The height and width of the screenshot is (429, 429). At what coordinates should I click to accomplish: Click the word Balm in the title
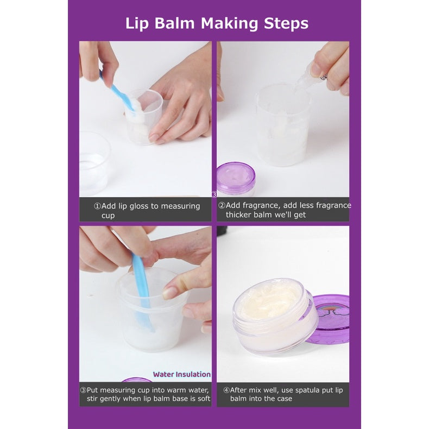[x=174, y=23]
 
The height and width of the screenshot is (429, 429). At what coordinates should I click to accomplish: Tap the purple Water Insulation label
[x=182, y=374]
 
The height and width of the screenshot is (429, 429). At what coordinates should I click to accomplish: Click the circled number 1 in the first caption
[x=97, y=206]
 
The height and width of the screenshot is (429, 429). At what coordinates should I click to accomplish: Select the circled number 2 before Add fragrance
[x=222, y=205]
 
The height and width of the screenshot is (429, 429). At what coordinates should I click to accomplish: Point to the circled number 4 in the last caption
[x=226, y=390]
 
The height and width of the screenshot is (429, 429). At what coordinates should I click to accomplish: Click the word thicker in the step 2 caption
[x=238, y=215]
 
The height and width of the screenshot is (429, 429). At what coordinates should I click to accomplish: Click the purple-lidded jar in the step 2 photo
[x=236, y=178]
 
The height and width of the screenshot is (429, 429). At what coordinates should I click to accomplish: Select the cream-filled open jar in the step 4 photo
[x=275, y=316]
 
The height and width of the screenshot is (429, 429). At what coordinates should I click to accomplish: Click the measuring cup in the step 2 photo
[x=283, y=124]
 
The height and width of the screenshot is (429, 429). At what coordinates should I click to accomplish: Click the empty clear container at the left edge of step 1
[x=94, y=163]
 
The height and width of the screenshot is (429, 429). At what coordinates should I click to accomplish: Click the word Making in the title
[x=229, y=24]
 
